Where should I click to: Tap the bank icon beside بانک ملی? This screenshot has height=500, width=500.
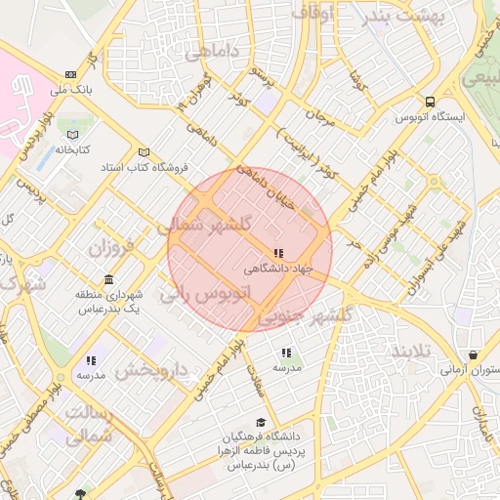(x=69, y=74)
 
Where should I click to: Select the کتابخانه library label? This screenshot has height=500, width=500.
(x=71, y=149)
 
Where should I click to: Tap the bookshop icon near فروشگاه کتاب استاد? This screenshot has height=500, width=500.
(x=145, y=152)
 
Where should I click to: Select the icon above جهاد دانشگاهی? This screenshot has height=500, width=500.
(x=278, y=253)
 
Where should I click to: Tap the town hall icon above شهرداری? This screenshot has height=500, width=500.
(x=108, y=279)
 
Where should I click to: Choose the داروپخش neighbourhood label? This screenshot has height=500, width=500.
(x=150, y=371)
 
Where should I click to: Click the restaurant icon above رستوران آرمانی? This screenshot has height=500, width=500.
(x=473, y=354)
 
